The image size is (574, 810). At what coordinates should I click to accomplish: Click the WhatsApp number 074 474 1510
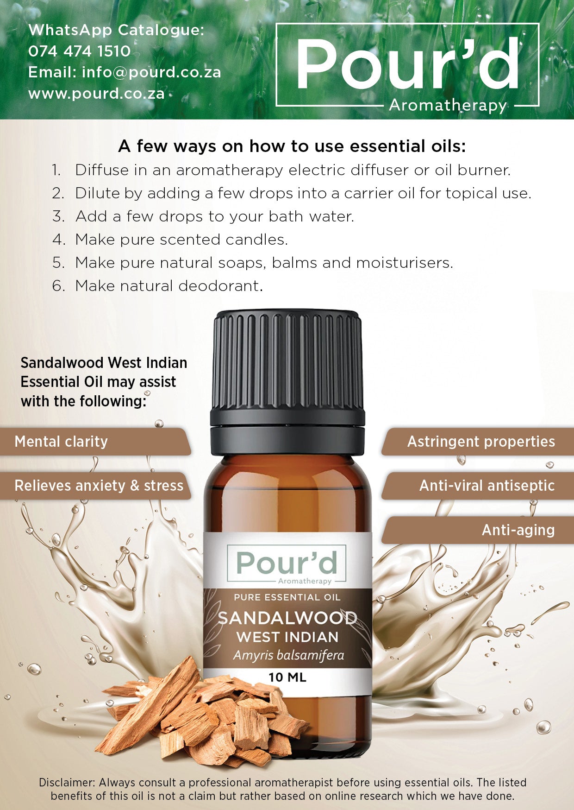pyautogui.click(x=79, y=51)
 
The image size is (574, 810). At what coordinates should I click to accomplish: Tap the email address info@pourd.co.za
pyautogui.click(x=151, y=72)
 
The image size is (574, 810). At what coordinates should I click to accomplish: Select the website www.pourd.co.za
pyautogui.click(x=96, y=94)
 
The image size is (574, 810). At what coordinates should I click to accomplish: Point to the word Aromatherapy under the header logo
pyautogui.click(x=448, y=106)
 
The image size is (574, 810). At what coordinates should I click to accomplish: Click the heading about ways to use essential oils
pyautogui.click(x=292, y=146)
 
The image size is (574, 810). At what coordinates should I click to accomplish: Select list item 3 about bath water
pyautogui.click(x=214, y=216)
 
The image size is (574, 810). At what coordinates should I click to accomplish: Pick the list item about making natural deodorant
pyautogui.click(x=168, y=286)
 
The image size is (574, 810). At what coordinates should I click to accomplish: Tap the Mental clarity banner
pyautogui.click(x=61, y=442)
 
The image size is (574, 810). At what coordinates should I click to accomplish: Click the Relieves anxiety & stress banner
pyautogui.click(x=99, y=486)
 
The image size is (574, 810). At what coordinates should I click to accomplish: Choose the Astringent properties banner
pyautogui.click(x=480, y=442)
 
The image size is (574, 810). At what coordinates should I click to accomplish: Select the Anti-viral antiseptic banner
pyautogui.click(x=487, y=486)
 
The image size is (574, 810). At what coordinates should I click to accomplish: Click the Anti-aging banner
pyautogui.click(x=518, y=530)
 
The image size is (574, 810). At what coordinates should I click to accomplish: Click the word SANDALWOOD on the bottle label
pyautogui.click(x=287, y=618)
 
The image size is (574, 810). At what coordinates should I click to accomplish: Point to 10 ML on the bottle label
pyautogui.click(x=287, y=677)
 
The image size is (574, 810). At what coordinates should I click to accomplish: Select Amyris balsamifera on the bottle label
pyautogui.click(x=288, y=655)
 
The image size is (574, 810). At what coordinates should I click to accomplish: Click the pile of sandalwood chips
pyautogui.click(x=199, y=714)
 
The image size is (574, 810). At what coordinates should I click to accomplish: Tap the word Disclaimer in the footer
pyautogui.click(x=67, y=783)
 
